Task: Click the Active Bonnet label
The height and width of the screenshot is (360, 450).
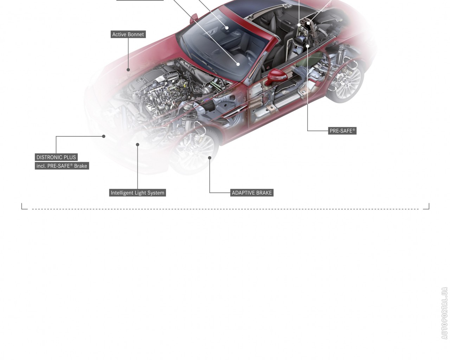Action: click(x=128, y=34)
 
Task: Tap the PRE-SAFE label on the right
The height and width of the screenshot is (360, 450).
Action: click(x=342, y=131)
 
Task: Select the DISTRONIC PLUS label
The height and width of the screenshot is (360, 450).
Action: click(x=56, y=157)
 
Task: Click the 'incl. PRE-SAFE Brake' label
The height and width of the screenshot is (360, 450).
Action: click(x=62, y=166)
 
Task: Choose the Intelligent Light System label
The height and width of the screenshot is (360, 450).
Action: click(x=137, y=193)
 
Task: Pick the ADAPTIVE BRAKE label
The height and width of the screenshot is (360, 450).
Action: click(x=252, y=193)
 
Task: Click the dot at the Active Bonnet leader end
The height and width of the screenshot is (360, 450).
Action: click(x=128, y=70)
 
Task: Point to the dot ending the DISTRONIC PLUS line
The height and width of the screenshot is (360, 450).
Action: click(x=103, y=136)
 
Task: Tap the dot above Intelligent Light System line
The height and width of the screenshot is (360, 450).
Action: click(x=137, y=144)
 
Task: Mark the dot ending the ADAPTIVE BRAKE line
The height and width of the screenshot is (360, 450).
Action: click(x=210, y=158)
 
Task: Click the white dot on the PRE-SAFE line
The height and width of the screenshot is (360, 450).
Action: click(x=307, y=46)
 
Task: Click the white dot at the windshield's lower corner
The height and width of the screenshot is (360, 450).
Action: click(x=238, y=64)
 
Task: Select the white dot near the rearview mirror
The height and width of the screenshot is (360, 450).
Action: click(x=227, y=28)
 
